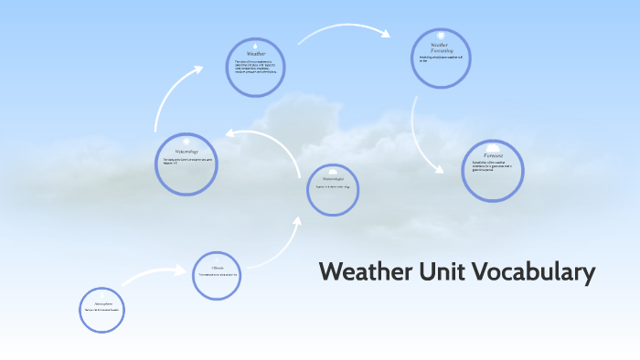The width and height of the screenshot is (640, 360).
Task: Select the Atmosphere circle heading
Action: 101,303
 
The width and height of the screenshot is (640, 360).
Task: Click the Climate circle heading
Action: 218,268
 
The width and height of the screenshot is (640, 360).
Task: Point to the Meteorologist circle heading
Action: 332,179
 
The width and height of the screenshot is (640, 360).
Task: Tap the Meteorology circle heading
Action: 186,151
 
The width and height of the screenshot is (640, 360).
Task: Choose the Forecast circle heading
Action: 494,157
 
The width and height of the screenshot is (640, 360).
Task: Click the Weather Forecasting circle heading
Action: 440,48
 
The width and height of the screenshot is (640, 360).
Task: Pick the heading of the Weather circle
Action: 256,54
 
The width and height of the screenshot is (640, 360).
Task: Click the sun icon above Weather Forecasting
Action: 440,36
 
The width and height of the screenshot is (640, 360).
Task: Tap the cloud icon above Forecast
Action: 494,147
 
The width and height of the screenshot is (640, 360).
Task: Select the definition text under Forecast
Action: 494,167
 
